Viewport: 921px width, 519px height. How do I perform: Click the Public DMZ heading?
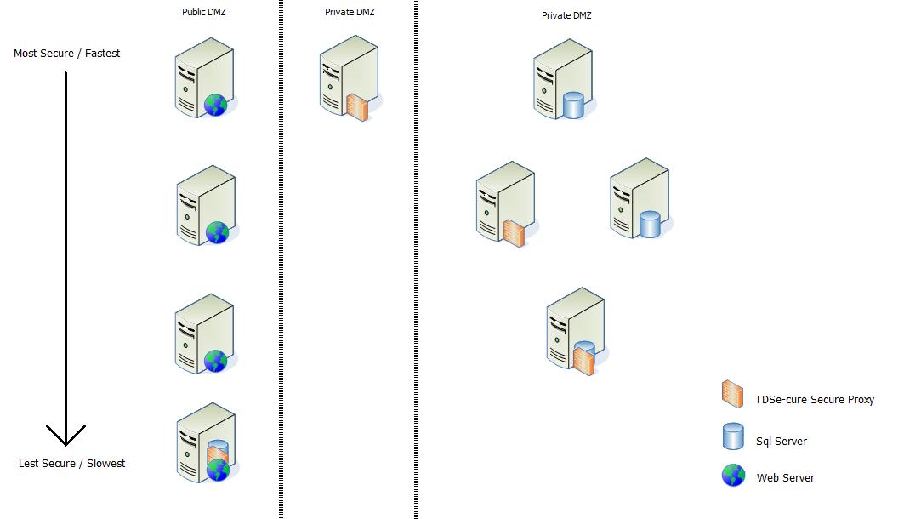(204, 12)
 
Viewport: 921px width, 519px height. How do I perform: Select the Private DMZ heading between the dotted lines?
(349, 12)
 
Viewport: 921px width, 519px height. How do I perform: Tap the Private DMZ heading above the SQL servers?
(566, 15)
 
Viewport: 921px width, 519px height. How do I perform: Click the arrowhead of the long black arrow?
(65, 434)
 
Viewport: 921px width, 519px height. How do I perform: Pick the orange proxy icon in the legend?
(731, 394)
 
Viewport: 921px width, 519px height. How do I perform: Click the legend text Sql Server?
(781, 442)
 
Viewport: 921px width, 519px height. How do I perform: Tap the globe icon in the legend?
(733, 476)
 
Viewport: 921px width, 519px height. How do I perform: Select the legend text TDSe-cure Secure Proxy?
(814, 400)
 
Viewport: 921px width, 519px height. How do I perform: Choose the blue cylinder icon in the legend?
(733, 436)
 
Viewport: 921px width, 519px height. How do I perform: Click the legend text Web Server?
(785, 478)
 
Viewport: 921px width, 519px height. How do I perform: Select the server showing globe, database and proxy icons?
(207, 446)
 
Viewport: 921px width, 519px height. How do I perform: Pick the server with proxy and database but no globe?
(576, 331)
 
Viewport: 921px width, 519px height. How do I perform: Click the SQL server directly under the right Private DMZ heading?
(563, 80)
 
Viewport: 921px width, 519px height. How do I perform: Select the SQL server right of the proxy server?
(640, 198)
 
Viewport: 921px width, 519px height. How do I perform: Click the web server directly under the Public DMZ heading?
(204, 78)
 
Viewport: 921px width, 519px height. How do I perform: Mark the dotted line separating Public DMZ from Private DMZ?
(280, 255)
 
